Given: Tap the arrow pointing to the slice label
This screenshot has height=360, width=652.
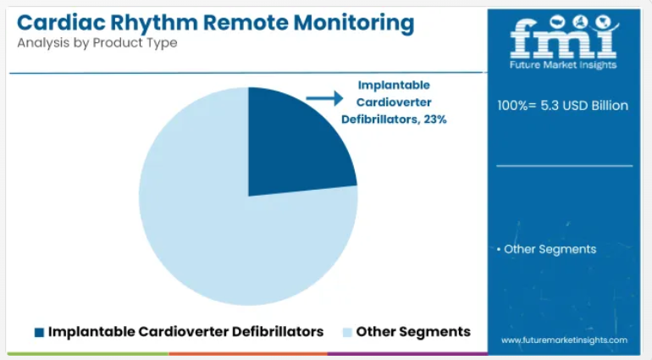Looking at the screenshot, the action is click(x=324, y=98).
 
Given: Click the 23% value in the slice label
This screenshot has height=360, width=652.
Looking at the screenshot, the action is click(x=435, y=119).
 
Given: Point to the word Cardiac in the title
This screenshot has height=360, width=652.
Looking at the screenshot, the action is click(x=61, y=23).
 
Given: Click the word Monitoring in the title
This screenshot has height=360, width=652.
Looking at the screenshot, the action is click(x=354, y=24).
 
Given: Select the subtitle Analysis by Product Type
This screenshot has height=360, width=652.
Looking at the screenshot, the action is click(x=97, y=43).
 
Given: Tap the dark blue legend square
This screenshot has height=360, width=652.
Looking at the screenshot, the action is click(x=39, y=332).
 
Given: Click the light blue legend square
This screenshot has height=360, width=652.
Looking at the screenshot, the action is click(x=347, y=332).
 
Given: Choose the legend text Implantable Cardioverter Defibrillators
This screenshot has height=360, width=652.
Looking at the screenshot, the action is click(x=186, y=332).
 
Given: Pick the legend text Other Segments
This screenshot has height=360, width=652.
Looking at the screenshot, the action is click(x=413, y=332).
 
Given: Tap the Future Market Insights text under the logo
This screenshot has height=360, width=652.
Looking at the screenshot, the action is click(x=563, y=65).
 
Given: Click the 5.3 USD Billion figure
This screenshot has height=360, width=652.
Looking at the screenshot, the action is click(x=584, y=105).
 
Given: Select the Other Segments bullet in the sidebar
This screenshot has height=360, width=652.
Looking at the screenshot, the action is click(x=546, y=249).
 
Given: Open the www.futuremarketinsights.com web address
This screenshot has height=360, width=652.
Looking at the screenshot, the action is click(x=564, y=340).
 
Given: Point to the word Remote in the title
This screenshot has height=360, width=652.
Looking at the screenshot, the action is click(x=246, y=23).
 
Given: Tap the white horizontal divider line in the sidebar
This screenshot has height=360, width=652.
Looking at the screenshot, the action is click(x=564, y=166).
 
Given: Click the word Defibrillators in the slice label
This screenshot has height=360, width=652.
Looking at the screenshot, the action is click(x=379, y=119).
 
